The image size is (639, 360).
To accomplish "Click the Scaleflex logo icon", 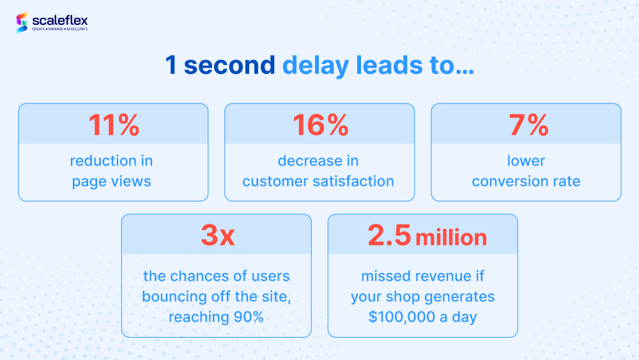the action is (x=22, y=22).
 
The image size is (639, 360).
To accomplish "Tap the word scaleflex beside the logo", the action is (x=60, y=20).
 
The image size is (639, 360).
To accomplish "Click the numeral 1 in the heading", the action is (x=171, y=65).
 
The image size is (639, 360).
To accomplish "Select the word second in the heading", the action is (x=229, y=65).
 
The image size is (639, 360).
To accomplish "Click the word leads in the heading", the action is (x=389, y=65).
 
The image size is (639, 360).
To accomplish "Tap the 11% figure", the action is (x=114, y=125).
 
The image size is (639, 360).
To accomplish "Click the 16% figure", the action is (x=320, y=125).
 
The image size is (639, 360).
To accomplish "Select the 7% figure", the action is (x=528, y=125).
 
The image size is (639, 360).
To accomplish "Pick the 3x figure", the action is (x=218, y=235).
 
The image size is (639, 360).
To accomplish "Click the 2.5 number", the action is (x=389, y=235).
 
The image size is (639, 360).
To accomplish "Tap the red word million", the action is (x=451, y=237).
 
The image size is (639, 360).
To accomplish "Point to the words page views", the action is (x=111, y=182).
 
